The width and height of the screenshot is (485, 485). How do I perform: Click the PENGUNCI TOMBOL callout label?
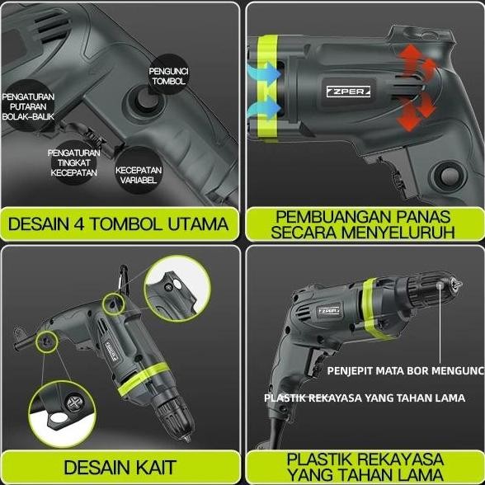click(x=169, y=76)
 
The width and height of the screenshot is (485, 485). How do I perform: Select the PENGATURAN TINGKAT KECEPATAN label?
click(x=74, y=162)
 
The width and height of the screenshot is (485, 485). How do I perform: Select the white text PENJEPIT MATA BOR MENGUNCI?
click(x=405, y=369)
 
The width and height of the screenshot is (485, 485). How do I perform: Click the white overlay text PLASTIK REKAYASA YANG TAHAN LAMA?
click(x=364, y=398)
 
